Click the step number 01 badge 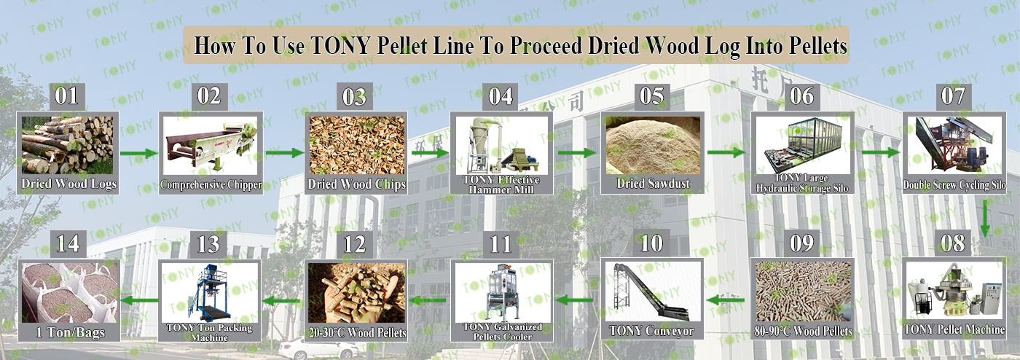coord(66,97)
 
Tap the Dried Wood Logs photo coord(67,145)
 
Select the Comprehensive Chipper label coord(211,184)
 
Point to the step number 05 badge coord(651,97)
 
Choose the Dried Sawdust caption coord(653,183)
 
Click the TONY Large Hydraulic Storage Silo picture coord(802,145)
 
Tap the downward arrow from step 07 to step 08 coord(985,219)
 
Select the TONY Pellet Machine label coord(954,329)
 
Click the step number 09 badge coord(802,243)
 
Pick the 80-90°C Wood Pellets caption coord(803,331)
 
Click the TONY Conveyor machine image coord(651,291)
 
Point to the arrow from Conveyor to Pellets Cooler coord(574,300)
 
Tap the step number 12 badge coord(354,245)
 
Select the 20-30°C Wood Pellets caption coord(357,333)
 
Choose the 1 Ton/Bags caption coord(70,332)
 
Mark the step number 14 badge coord(68,244)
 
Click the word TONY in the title coord(341,46)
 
